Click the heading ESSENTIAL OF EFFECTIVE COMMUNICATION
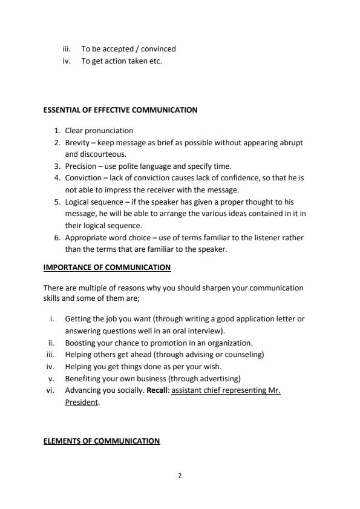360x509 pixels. (120, 110)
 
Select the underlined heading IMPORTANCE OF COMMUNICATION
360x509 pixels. (107, 268)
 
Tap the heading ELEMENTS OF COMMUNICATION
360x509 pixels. (102, 441)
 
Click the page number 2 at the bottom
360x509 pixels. (180, 475)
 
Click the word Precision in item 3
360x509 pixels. (80, 166)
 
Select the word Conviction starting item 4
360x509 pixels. (83, 178)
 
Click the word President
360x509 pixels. (81, 402)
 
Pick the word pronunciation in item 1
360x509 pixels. (108, 131)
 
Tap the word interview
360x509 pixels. (207, 330)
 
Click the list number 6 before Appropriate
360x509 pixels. (57, 238)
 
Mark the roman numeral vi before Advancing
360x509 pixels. (51, 390)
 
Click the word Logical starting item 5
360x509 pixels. (79, 202)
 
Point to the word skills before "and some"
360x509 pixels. (53, 299)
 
